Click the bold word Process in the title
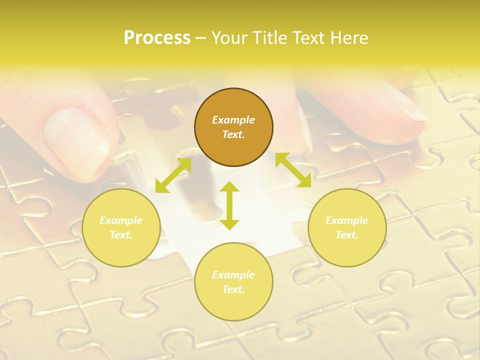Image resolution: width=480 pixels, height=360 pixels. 157,38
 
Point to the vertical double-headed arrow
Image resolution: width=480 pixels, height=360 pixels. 229,205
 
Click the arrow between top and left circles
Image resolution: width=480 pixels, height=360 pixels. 173,175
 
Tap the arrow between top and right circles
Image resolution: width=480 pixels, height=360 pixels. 293,170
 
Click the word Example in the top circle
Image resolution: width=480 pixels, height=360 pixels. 233,120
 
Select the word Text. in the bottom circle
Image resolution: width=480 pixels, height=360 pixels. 233,289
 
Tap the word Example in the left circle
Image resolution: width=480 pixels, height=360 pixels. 121,220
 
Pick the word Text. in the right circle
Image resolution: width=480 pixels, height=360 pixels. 347,235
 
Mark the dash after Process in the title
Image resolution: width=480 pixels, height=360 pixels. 200,38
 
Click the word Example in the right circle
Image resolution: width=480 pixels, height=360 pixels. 347,220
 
